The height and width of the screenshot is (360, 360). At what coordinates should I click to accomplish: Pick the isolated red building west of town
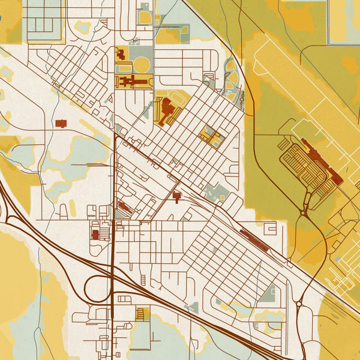pos(61,123)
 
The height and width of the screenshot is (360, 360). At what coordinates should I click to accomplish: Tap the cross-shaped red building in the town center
pos(176,196)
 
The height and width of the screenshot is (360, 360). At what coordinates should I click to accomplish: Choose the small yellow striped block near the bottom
pos(142,314)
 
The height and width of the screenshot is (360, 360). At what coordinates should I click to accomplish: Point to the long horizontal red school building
pos(136,80)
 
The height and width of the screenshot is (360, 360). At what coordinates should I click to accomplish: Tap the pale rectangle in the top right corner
pos(344,21)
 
